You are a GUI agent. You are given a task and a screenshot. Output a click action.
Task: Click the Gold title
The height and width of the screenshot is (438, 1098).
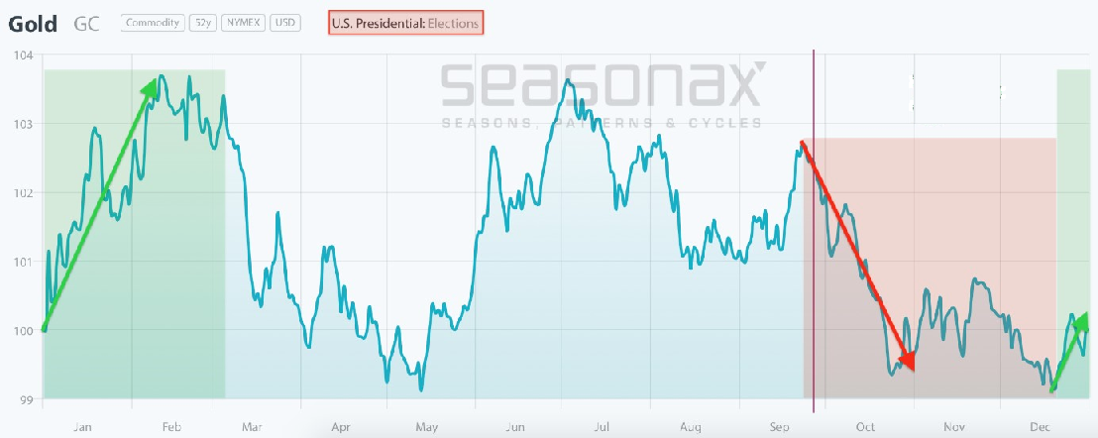pos(32,22)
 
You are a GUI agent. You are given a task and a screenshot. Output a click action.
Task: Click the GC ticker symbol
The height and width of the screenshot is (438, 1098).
pos(88,22)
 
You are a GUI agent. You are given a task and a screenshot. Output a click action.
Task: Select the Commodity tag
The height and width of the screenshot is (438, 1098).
pos(152,22)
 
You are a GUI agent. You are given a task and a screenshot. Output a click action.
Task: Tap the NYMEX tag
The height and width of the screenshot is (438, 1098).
pos(243,22)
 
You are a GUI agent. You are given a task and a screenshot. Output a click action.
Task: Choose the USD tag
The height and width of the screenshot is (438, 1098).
pos(284,22)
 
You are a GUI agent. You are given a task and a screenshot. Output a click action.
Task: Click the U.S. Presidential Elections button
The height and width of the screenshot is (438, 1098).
pos(406,22)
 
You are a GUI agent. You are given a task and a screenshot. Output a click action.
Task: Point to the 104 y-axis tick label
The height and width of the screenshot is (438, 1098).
pos(23,55)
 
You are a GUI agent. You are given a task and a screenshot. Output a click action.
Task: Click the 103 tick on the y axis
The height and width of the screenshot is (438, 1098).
pos(23,124)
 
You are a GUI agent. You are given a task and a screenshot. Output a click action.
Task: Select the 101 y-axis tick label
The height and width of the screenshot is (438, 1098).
pos(23,262)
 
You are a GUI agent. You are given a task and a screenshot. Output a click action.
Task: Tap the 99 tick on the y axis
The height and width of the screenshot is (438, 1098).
pos(25,399)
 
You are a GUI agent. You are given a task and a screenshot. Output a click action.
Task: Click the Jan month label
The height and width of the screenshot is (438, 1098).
pos(82,427)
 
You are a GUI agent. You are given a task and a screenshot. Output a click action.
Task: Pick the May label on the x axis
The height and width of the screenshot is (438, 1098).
pos(427,427)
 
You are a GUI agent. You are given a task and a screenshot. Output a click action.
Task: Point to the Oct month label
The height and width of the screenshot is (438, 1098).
pos(866,427)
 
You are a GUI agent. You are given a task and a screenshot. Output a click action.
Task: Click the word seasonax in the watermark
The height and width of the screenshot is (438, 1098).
pos(603,85)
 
